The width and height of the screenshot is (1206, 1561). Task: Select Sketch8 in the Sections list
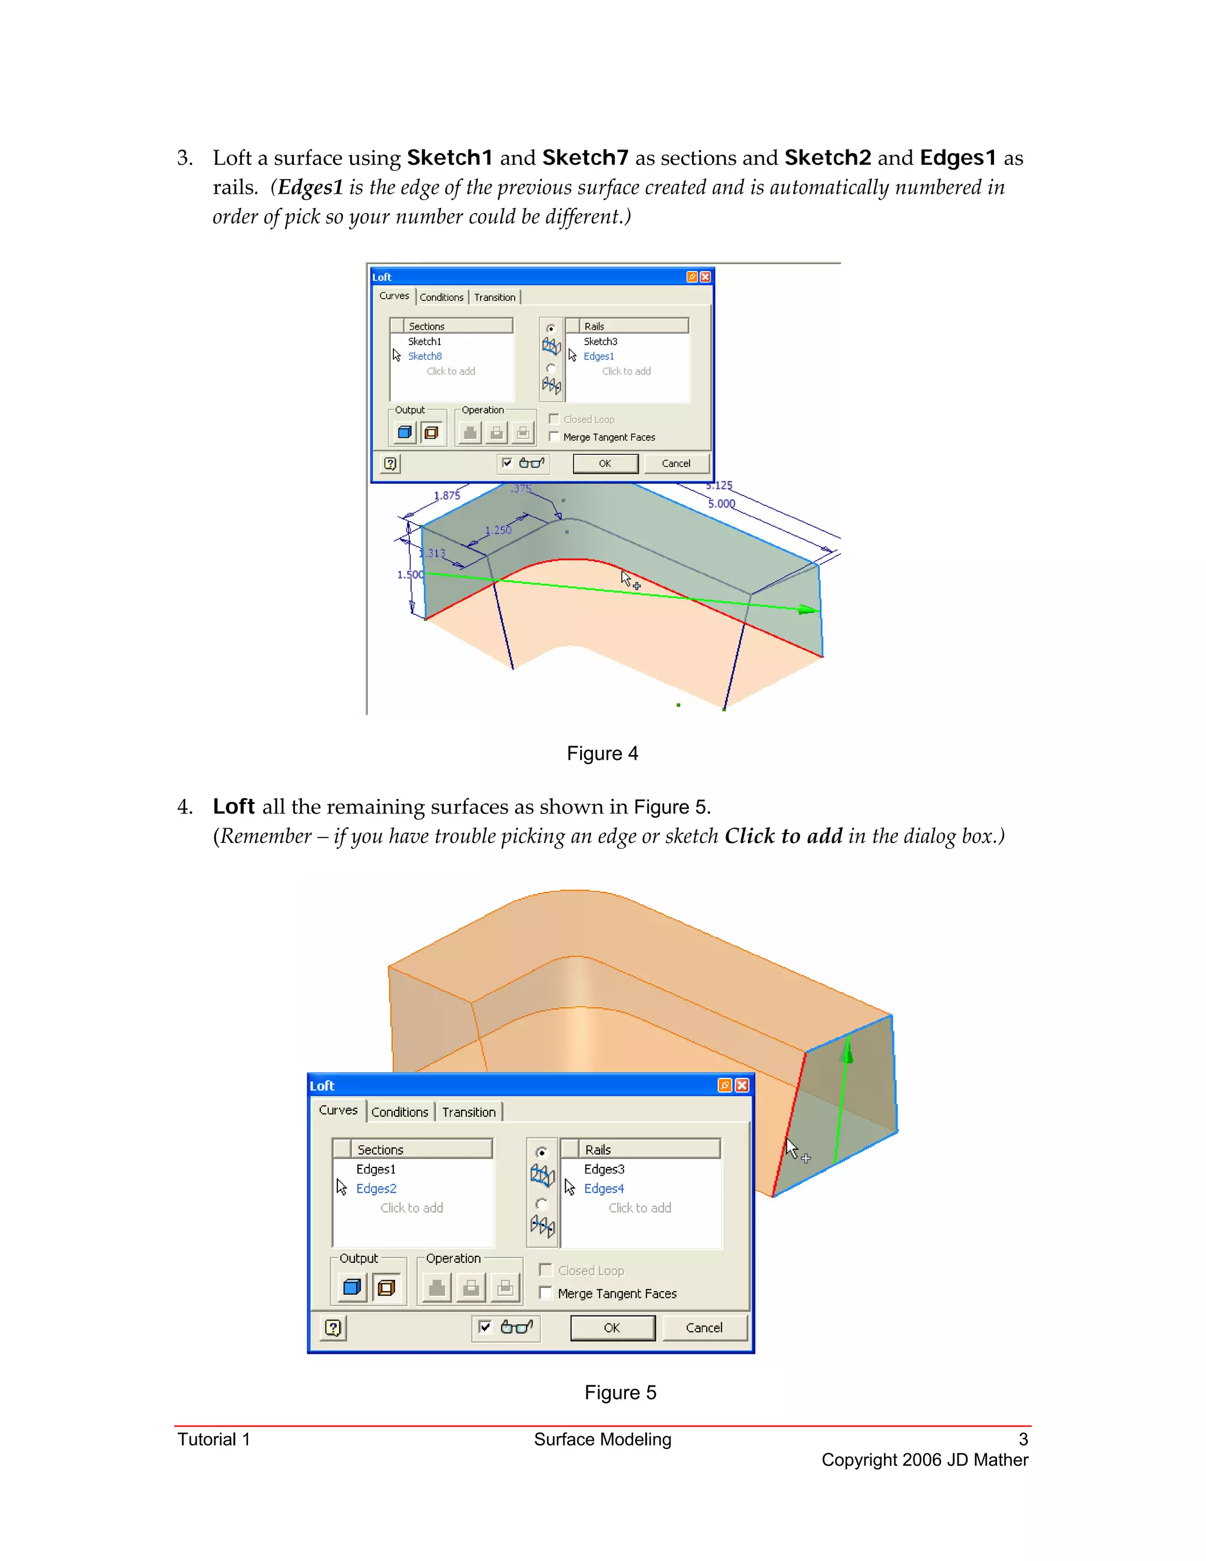click(x=425, y=356)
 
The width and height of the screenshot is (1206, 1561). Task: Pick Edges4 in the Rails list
click(x=604, y=1188)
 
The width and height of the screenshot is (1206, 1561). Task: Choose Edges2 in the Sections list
click(x=376, y=1188)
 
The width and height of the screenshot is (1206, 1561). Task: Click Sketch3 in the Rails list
click(x=600, y=342)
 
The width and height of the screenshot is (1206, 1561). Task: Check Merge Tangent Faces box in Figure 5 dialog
click(x=546, y=1292)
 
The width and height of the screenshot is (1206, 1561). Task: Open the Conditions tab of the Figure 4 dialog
click(x=441, y=297)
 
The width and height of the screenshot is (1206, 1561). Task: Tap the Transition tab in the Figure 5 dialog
click(x=468, y=1112)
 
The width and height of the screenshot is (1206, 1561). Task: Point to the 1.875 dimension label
click(x=446, y=495)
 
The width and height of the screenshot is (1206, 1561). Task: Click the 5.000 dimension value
click(x=721, y=504)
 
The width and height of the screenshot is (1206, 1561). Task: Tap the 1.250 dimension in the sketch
click(x=498, y=530)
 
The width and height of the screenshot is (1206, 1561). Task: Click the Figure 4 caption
click(x=602, y=753)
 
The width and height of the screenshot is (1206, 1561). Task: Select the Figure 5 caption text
click(x=619, y=1393)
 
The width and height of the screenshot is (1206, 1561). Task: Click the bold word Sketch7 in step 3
click(x=585, y=157)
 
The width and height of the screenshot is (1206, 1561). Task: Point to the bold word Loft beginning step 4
click(x=234, y=806)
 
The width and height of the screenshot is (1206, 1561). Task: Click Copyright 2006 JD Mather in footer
click(x=925, y=1460)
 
